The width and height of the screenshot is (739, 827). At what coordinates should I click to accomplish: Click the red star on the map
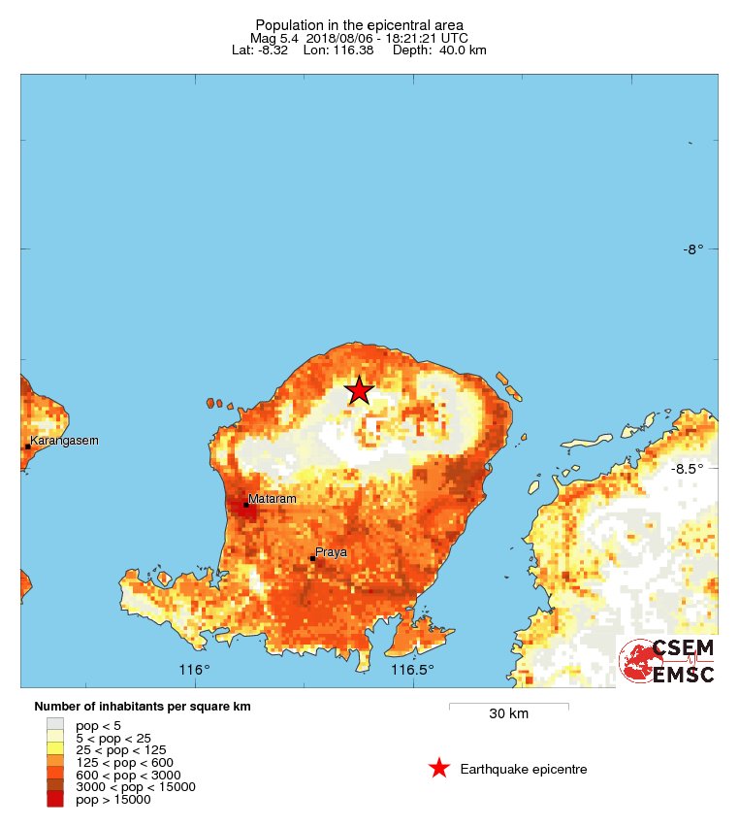[x=359, y=390]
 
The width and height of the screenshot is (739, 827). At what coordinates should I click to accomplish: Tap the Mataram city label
[x=272, y=499]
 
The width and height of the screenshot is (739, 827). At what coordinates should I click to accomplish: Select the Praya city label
[x=331, y=551]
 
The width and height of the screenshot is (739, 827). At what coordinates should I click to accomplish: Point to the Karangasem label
[x=65, y=441]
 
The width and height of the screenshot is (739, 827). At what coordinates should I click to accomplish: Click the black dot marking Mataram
[x=246, y=505]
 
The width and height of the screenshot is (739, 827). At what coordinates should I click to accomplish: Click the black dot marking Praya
[x=312, y=558]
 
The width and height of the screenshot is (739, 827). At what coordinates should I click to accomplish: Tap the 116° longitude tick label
[x=194, y=670]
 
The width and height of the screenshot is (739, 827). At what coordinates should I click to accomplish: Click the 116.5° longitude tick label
[x=411, y=670]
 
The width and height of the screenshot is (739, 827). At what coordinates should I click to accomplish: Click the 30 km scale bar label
[x=508, y=714]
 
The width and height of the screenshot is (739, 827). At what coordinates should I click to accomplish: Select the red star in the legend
[x=439, y=769]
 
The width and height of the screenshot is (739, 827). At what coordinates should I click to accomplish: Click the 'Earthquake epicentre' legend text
[x=524, y=769]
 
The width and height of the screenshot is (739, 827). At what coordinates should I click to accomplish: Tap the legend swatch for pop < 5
[x=54, y=724]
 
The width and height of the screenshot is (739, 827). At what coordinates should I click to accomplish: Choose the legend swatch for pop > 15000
[x=54, y=800]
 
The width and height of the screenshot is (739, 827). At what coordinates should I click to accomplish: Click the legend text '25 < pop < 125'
[x=121, y=749]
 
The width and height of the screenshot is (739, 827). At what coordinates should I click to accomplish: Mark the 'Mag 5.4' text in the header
[x=275, y=38]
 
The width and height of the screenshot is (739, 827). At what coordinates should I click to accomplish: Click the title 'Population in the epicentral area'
[x=359, y=24]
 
